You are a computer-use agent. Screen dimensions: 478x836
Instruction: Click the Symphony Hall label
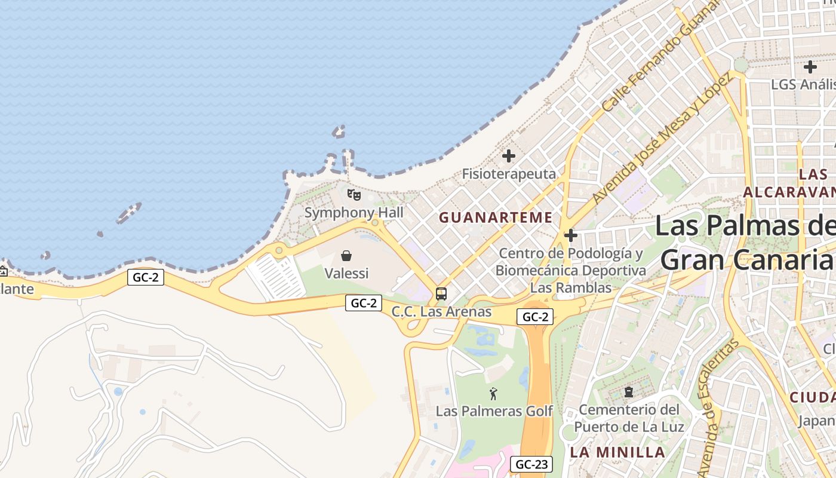click(354, 213)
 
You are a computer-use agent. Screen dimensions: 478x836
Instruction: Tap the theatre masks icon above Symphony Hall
click(354, 195)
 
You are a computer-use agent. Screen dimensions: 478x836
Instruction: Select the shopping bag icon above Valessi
click(346, 256)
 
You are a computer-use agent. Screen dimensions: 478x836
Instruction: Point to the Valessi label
click(346, 274)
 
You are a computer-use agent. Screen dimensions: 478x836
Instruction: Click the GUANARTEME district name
click(496, 217)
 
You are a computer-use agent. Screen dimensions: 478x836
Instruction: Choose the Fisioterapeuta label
click(509, 174)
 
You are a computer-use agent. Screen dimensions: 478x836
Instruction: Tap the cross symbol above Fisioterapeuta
click(509, 157)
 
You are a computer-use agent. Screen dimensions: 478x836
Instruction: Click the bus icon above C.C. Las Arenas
click(441, 294)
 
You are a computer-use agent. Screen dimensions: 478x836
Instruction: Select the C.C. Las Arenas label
click(441, 312)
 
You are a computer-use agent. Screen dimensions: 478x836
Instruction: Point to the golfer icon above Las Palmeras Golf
click(493, 394)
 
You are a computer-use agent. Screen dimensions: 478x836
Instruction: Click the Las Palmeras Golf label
click(494, 411)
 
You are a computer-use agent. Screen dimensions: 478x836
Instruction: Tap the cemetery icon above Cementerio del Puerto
click(628, 393)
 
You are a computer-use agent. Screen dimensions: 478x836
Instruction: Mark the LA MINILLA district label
click(617, 452)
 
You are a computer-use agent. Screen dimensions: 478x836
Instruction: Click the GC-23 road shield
click(531, 464)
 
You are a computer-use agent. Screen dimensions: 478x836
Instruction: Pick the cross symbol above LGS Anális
click(810, 67)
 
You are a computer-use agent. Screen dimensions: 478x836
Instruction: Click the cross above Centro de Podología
click(571, 235)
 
